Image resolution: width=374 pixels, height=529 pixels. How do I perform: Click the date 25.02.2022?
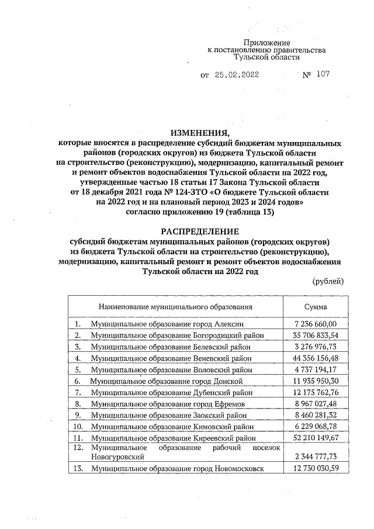237,75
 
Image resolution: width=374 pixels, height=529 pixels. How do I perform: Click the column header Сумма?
316,306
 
